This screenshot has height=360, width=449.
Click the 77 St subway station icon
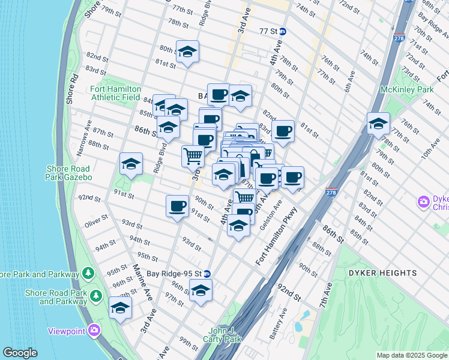point(283,31)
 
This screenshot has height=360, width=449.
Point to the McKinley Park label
point(406,89)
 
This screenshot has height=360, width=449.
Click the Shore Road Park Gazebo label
point(68,173)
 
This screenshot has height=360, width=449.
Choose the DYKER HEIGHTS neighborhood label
point(382,273)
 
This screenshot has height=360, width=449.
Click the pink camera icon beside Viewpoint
point(94,330)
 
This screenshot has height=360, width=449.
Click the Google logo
point(20,353)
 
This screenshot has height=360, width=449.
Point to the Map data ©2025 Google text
point(411,355)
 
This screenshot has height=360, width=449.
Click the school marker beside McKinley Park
point(378,124)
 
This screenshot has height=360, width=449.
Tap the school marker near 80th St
point(187,52)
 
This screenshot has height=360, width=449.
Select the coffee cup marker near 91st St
point(177,206)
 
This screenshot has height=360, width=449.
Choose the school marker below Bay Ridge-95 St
point(201,292)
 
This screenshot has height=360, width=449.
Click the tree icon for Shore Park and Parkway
point(88,274)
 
